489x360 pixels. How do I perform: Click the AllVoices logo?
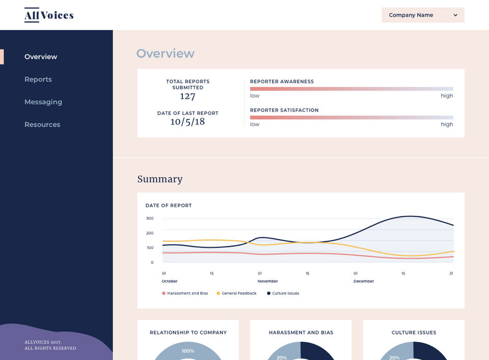(49, 15)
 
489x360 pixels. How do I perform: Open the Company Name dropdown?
(423, 15)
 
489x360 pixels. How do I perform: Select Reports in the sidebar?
(38, 79)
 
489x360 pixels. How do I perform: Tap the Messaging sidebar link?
(43, 102)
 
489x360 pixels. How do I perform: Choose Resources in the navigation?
(42, 125)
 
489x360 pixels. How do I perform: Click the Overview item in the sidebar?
(41, 57)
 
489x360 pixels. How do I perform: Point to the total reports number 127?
(187, 97)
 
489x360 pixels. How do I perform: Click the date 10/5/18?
(187, 122)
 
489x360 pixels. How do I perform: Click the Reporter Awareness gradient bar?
(351, 89)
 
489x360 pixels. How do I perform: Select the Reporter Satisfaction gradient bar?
(351, 117)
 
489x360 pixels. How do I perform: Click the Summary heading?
(159, 179)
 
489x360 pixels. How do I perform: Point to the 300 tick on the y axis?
(150, 218)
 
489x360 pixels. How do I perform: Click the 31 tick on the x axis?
(451, 273)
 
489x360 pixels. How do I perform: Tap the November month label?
(268, 281)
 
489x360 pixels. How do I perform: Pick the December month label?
(364, 281)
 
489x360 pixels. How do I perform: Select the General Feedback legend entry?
(237, 293)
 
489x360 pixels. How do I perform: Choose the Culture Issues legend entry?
(283, 293)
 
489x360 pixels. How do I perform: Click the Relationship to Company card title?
(188, 333)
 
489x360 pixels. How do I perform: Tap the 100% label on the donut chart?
(188, 351)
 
